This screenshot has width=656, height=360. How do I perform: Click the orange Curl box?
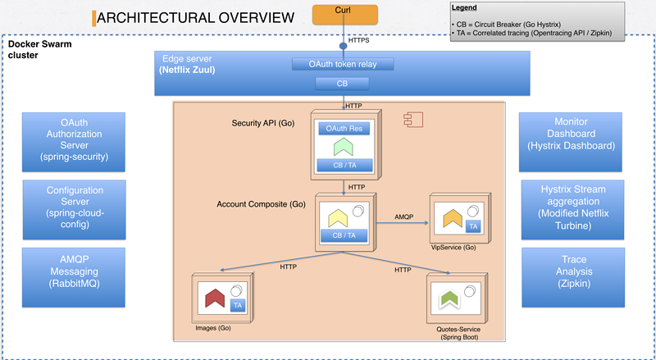tap(345, 15)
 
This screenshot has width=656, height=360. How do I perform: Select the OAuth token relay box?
tap(343, 64)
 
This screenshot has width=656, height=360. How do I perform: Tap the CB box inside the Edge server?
tap(342, 84)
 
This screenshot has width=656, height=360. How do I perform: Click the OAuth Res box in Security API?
tap(344, 129)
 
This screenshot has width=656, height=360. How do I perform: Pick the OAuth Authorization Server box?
tap(74, 142)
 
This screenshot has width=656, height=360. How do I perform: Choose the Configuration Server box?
tap(74, 210)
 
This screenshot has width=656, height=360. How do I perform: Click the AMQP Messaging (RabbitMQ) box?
tap(74, 277)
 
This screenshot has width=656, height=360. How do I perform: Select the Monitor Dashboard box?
tap(571, 142)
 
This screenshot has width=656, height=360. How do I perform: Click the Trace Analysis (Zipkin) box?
tap(573, 277)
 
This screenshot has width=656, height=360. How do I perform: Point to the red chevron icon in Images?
tap(216, 298)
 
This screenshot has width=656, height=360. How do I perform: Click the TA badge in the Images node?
tap(238, 305)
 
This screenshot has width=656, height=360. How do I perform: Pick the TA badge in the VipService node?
tap(473, 226)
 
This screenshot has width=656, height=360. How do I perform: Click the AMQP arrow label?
tap(403, 216)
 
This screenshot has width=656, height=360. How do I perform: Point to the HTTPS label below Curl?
tap(358, 41)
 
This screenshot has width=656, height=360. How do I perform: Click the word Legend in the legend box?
tap(464, 7)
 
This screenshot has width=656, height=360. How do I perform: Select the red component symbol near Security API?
tap(413, 120)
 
